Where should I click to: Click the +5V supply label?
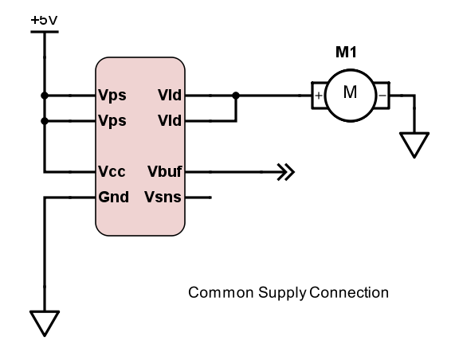tap(44, 18)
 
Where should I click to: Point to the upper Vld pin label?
tap(170, 96)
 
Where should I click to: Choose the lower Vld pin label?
tap(170, 122)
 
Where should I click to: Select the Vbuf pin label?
tap(165, 171)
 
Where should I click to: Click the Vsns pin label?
tap(164, 197)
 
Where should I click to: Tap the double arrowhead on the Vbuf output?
tap(285, 171)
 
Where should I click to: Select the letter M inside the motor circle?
tap(350, 93)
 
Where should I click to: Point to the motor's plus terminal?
tap(319, 96)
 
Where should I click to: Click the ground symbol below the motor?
tap(413, 144)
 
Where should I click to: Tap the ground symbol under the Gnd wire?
tap(45, 322)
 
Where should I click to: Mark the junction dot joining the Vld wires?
tap(235, 96)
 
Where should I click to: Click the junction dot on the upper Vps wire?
tap(45, 96)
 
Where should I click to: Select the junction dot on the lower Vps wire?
tap(45, 122)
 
